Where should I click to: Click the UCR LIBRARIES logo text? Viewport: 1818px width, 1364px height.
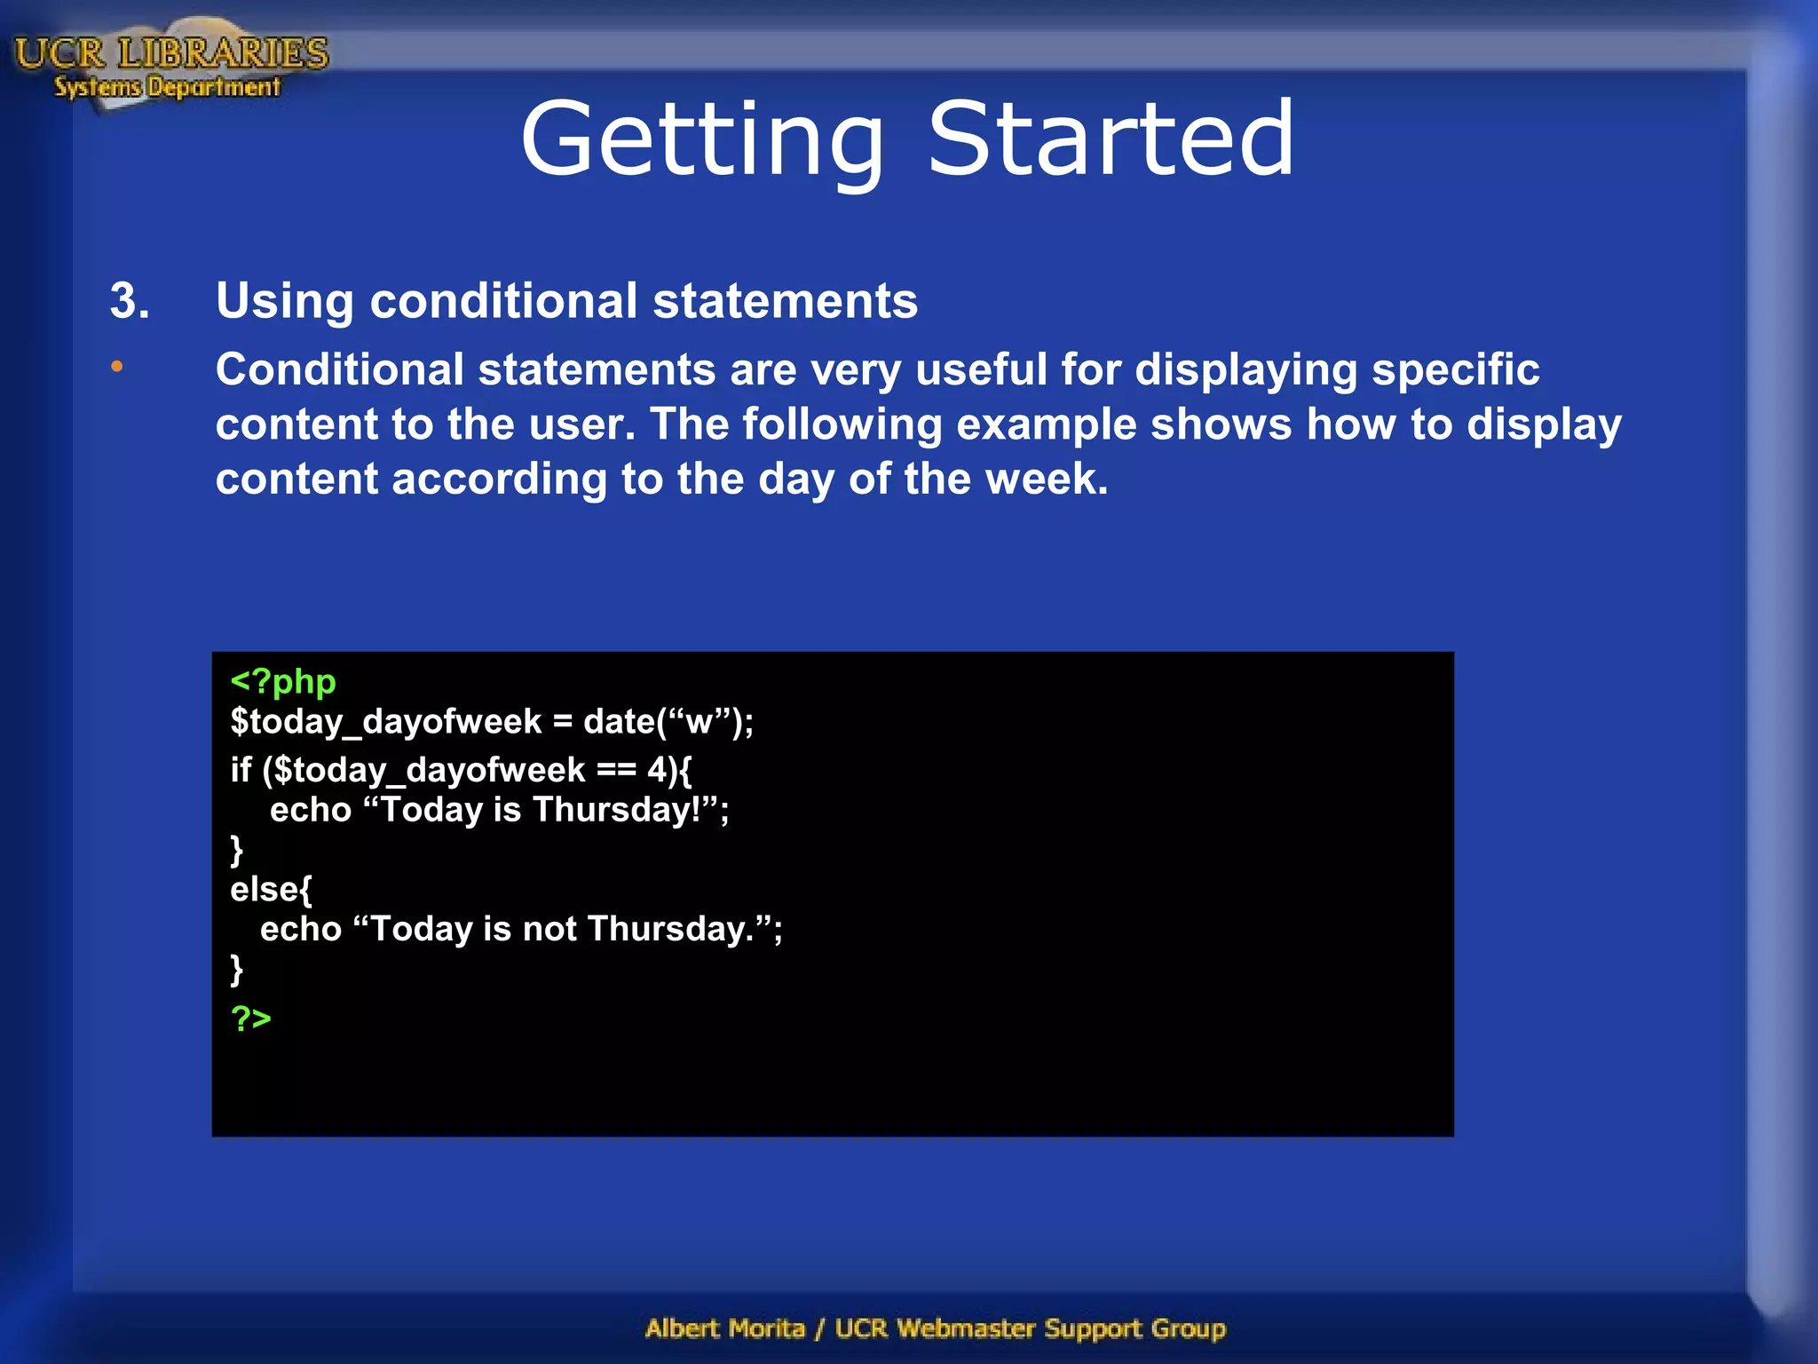tap(171, 53)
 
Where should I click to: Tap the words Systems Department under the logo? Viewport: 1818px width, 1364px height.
tap(167, 87)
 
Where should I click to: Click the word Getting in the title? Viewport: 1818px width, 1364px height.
tap(702, 140)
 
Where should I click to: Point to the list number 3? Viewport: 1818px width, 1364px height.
tap(130, 301)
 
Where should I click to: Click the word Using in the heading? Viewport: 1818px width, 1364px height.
tap(284, 301)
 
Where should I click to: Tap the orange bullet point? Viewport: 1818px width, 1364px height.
tap(117, 366)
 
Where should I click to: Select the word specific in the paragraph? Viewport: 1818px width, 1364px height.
tap(1455, 369)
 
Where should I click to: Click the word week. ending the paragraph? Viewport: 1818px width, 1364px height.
tap(1047, 479)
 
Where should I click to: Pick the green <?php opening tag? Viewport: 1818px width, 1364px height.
tap(282, 682)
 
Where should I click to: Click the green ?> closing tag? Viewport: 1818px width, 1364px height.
tap(250, 1018)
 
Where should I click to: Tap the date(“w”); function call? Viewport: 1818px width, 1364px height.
tap(668, 722)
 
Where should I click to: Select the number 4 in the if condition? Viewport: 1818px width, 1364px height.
tap(657, 770)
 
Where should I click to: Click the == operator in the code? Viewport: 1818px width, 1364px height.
tap(616, 770)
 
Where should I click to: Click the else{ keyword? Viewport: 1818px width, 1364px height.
tap(271, 889)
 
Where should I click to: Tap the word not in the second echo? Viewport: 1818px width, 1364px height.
tap(549, 929)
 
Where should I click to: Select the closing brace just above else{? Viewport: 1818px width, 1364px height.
tap(236, 850)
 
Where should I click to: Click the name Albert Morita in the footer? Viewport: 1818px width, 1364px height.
tap(724, 1328)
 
